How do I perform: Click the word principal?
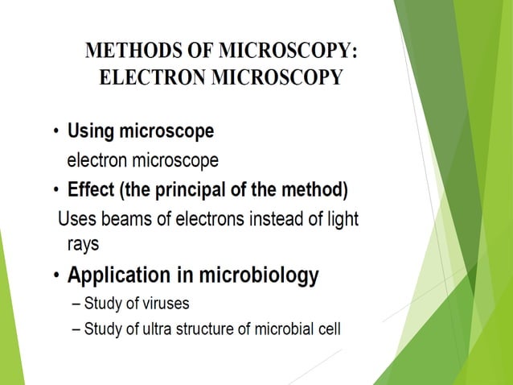click(x=203, y=191)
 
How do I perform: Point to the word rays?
click(x=84, y=242)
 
